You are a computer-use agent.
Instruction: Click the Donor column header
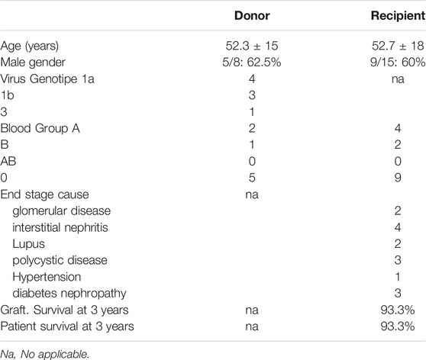(x=252, y=16)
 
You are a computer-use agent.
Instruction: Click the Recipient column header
(x=399, y=16)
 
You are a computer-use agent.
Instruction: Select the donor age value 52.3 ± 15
(x=252, y=46)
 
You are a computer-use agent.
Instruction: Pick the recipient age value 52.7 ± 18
(x=398, y=46)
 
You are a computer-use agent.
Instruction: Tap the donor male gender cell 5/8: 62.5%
(x=252, y=63)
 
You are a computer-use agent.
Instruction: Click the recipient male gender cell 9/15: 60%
(x=398, y=63)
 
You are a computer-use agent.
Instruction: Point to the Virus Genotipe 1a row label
(x=47, y=79)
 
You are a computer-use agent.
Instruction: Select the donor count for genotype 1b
(x=252, y=95)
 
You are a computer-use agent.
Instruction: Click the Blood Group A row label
(x=40, y=128)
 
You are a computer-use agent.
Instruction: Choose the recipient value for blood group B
(x=398, y=145)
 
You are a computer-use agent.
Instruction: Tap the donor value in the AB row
(x=252, y=161)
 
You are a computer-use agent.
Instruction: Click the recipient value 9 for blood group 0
(x=398, y=178)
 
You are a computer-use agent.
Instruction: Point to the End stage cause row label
(x=44, y=194)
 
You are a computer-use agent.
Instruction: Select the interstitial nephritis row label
(x=60, y=227)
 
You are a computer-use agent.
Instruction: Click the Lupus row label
(x=28, y=244)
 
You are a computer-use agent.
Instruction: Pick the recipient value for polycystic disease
(x=398, y=260)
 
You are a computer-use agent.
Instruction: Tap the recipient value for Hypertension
(x=398, y=277)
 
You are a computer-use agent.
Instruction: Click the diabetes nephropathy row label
(x=69, y=294)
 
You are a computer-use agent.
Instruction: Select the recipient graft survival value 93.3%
(x=398, y=310)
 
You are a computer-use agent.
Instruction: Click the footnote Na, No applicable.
(x=45, y=354)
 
